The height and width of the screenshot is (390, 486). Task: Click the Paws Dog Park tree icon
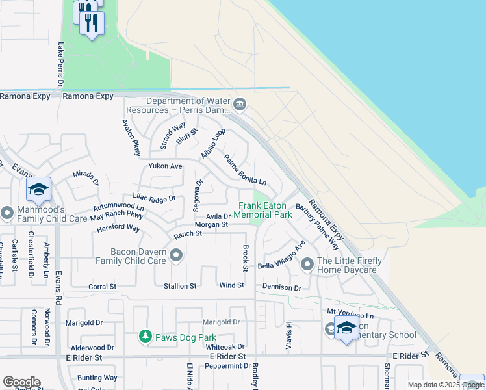(x=146, y=336)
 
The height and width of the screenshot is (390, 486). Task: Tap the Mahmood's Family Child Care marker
(x=7, y=213)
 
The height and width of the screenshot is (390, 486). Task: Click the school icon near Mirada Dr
(x=39, y=190)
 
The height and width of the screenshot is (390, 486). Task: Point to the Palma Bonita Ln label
(x=245, y=169)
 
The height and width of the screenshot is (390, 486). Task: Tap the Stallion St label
(x=180, y=286)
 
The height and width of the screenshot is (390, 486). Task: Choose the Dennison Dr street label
(x=281, y=287)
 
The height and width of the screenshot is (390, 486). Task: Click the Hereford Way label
(x=118, y=228)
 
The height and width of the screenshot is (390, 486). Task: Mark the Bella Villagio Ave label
(x=281, y=257)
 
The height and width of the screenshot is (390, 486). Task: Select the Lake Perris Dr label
(x=60, y=64)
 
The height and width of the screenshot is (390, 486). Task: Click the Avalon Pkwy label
(x=130, y=137)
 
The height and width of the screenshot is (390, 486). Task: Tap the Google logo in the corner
(x=21, y=382)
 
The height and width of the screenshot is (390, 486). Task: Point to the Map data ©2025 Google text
(x=446, y=385)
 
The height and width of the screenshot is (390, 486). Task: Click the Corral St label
(x=102, y=286)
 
